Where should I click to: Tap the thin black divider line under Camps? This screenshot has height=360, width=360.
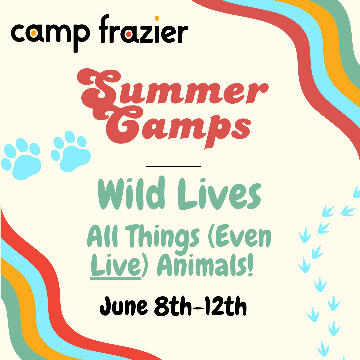click(173, 166)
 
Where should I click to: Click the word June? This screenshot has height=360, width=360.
click(123, 305)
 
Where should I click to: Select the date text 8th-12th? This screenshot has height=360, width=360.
click(200, 305)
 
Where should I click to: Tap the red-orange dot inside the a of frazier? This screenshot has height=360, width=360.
click(129, 34)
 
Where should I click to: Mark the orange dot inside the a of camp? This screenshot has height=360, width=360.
click(33, 33)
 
